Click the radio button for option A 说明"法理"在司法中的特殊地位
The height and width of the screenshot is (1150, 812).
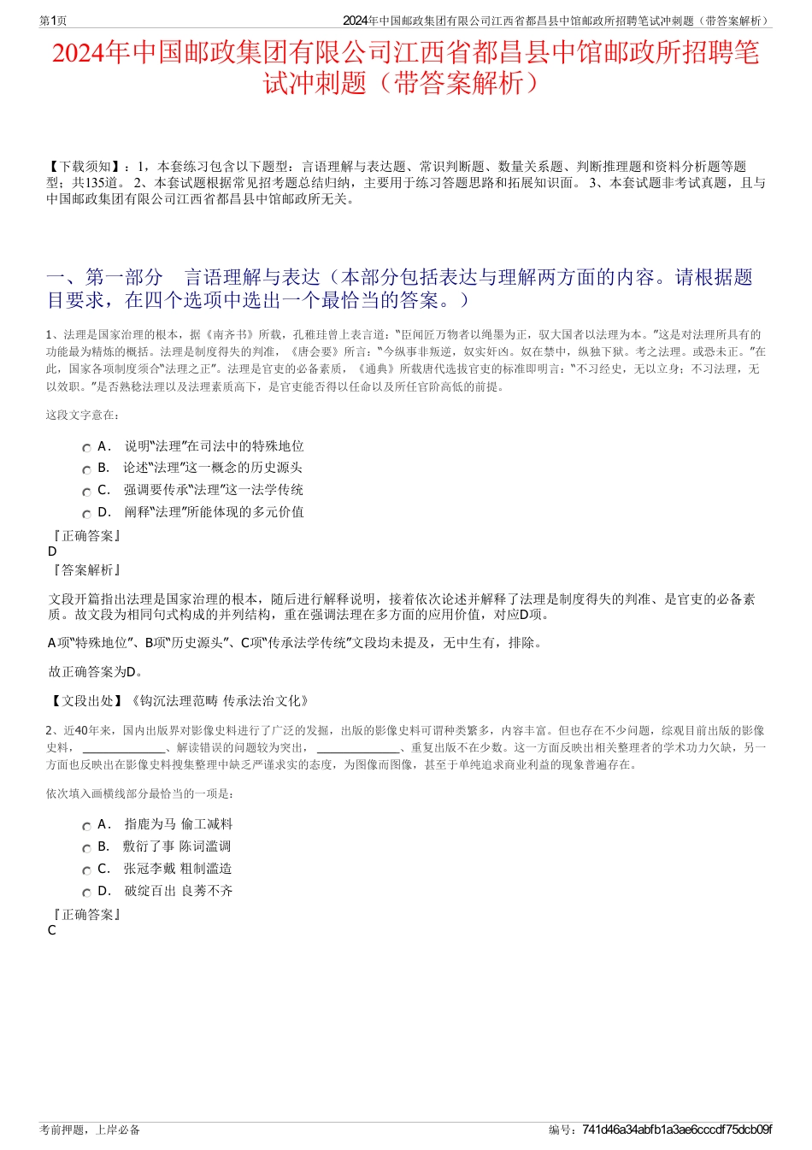[x=86, y=448]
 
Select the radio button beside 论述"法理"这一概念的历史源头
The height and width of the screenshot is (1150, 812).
[x=86, y=469]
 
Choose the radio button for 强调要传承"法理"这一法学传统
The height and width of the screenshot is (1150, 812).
[x=86, y=492]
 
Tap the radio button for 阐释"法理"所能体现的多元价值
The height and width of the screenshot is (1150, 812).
[x=86, y=514]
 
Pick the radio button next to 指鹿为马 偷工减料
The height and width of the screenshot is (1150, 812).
[x=86, y=826]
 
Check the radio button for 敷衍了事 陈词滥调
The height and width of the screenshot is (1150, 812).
[x=86, y=848]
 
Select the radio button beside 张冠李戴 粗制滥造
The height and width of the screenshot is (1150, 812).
[x=86, y=870]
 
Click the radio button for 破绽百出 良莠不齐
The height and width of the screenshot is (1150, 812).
[x=86, y=893]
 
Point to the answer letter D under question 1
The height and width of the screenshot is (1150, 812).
[x=52, y=551]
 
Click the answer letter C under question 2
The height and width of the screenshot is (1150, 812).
[x=52, y=930]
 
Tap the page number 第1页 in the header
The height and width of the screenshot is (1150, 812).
[x=53, y=21]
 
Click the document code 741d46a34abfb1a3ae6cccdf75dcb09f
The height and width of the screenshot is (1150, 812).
[x=676, y=1129]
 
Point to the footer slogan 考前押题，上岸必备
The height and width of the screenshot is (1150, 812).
[x=90, y=1129]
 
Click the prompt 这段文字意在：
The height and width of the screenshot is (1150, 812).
[x=83, y=415]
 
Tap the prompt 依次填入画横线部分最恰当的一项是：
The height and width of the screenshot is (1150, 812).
[x=139, y=793]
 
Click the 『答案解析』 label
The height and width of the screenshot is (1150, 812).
[x=86, y=570]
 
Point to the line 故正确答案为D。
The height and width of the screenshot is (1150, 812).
[x=96, y=672]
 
